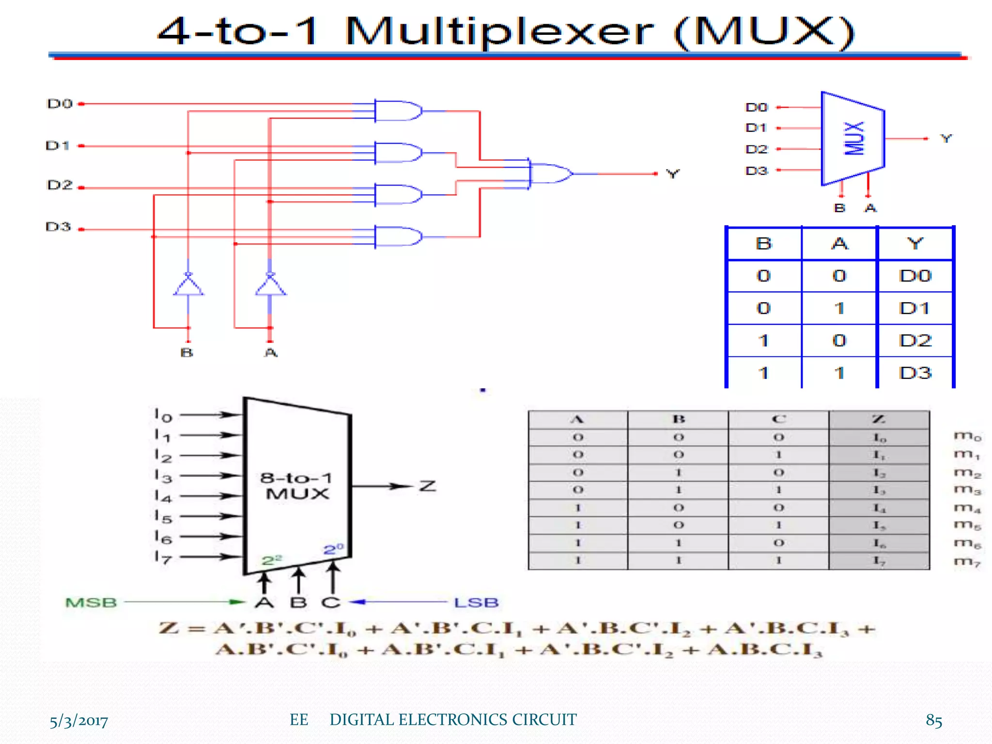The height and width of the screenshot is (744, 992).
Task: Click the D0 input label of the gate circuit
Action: (60, 104)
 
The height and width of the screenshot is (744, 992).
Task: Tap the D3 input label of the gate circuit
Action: (58, 227)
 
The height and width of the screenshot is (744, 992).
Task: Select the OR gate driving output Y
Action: (550, 173)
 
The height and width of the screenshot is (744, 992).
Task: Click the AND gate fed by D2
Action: (397, 195)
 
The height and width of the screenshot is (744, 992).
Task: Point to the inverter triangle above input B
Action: (188, 285)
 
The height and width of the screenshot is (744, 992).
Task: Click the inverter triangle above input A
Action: (270, 285)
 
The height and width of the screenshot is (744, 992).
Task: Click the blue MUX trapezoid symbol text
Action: (854, 139)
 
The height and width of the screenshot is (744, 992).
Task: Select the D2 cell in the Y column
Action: (915, 341)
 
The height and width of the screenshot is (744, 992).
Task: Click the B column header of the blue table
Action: (764, 244)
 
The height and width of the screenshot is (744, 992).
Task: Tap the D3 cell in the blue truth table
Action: (915, 373)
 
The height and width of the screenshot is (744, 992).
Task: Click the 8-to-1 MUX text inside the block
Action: (296, 486)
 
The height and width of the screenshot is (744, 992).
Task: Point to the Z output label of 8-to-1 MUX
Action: (428, 486)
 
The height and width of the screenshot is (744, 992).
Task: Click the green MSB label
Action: (91, 603)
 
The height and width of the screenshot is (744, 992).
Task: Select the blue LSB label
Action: (476, 603)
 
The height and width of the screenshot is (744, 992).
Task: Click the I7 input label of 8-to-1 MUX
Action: (163, 558)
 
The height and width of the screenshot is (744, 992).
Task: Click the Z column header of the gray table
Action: (879, 419)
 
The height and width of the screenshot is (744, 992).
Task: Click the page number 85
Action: (933, 720)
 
